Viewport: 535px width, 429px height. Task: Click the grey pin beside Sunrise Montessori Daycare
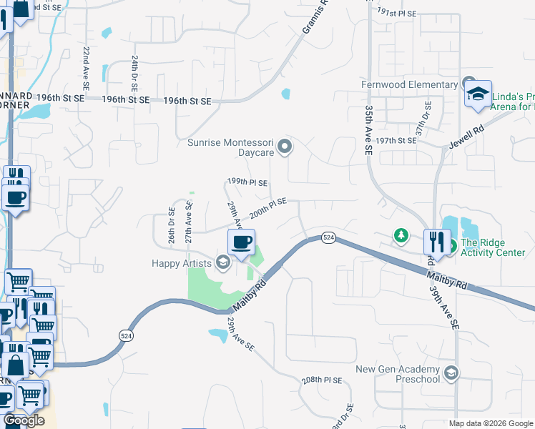tap(285, 147)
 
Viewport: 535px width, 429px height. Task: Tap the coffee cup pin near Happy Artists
tap(241, 242)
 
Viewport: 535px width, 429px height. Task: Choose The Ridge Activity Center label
tap(493, 247)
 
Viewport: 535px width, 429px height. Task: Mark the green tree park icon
tap(402, 235)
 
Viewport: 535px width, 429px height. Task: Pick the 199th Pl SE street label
tap(247, 183)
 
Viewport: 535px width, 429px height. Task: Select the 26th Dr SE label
tap(172, 225)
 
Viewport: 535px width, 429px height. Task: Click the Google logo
tap(24, 420)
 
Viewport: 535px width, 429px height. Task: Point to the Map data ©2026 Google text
tap(490, 423)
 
